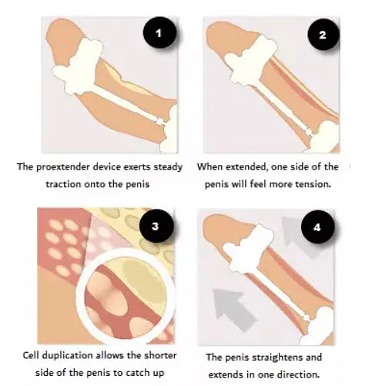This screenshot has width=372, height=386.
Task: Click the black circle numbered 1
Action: point(159,35)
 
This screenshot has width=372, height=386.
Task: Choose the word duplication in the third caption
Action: point(76,357)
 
